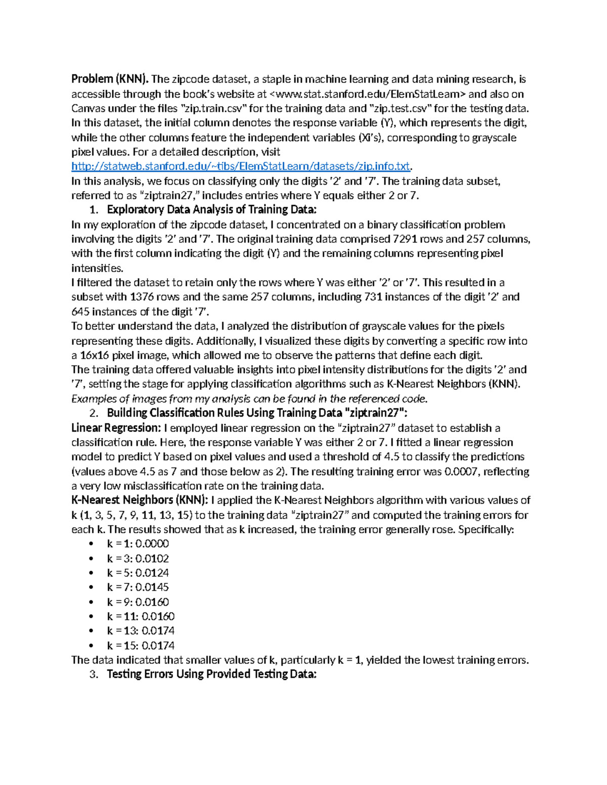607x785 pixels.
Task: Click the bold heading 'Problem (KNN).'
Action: [110, 79]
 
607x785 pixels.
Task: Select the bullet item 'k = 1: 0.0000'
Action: [138, 544]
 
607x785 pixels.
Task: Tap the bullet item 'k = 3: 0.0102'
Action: [138, 559]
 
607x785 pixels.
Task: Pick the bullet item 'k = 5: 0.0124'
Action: [138, 573]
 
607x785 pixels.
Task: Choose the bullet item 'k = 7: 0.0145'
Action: [138, 587]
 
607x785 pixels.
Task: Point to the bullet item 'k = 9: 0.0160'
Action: [138, 602]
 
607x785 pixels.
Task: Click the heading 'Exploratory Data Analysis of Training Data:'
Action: [212, 210]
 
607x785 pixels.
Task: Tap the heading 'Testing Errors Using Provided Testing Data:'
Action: [211, 674]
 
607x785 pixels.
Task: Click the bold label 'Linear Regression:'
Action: [116, 428]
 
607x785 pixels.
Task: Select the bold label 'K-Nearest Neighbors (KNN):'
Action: [139, 500]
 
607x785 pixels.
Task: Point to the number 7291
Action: [405, 239]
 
